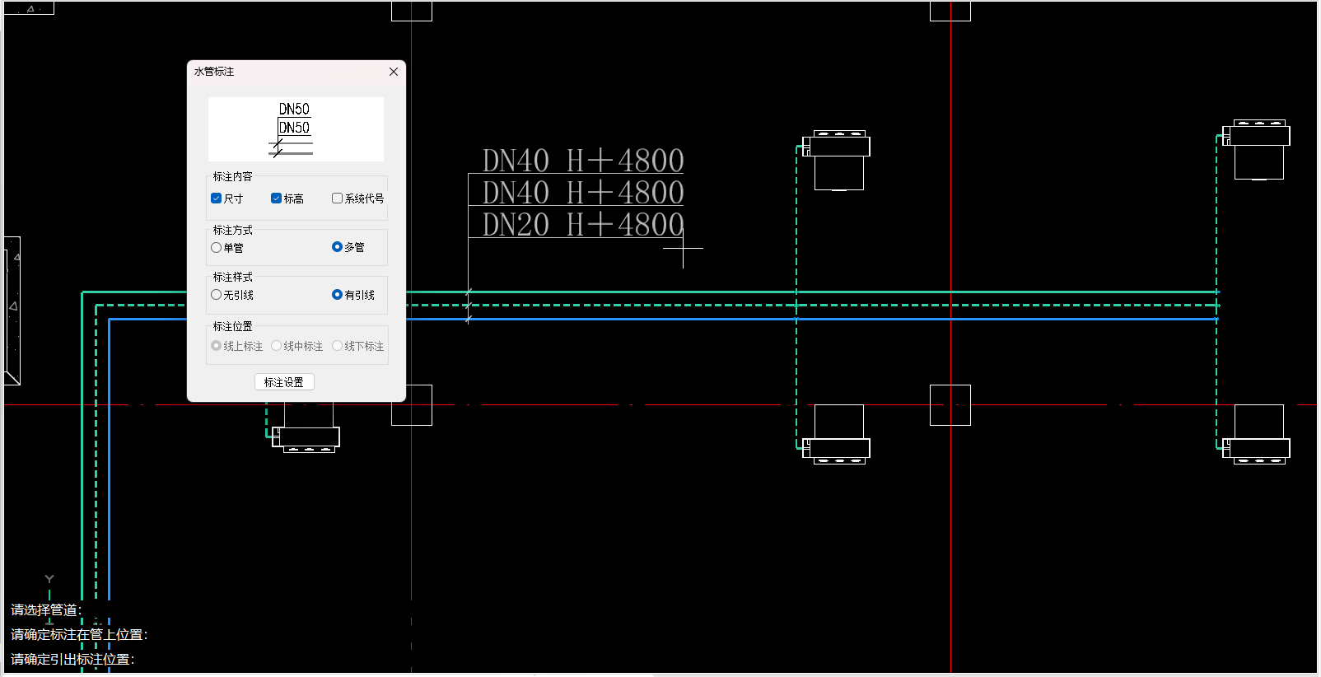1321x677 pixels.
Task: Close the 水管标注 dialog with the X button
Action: click(x=394, y=72)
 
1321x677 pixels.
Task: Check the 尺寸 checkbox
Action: click(x=217, y=198)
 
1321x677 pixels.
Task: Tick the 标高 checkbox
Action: click(x=277, y=198)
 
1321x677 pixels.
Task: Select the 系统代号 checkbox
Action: click(x=337, y=198)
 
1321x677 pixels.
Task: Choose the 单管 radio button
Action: click(x=217, y=247)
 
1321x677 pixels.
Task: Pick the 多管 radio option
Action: click(x=337, y=247)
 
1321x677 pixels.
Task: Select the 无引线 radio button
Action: click(x=217, y=295)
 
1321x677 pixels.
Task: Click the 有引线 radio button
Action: click(x=337, y=295)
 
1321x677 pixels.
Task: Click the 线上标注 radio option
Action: click(x=217, y=346)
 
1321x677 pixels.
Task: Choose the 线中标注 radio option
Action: click(x=277, y=346)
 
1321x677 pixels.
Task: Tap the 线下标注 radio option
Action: click(x=337, y=346)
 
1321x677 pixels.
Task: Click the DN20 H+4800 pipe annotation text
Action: click(x=582, y=225)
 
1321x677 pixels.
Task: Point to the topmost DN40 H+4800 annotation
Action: click(x=582, y=161)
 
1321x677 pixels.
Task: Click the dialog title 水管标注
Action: click(x=214, y=72)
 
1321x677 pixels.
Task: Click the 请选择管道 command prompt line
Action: click(x=45, y=610)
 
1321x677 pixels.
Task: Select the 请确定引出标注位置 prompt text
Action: click(x=72, y=660)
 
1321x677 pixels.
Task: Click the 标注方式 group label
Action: click(x=232, y=230)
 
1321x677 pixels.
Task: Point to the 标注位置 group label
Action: click(x=232, y=326)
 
